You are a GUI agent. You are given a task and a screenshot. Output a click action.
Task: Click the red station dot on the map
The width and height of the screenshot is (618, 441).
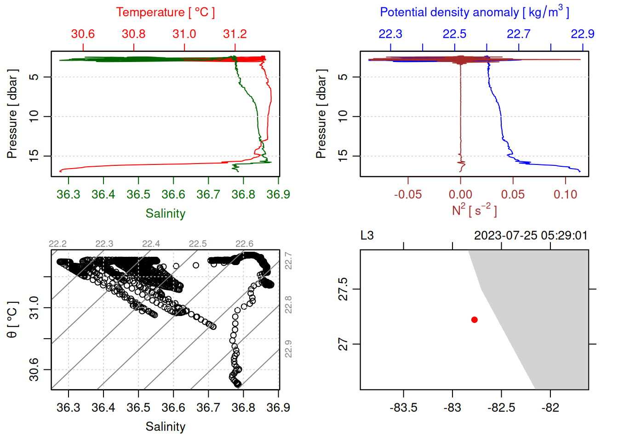click(x=474, y=320)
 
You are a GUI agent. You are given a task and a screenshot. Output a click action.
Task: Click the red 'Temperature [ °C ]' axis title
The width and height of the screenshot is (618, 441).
click(x=165, y=12)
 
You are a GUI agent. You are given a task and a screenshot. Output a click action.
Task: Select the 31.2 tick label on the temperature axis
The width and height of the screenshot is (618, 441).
click(x=235, y=34)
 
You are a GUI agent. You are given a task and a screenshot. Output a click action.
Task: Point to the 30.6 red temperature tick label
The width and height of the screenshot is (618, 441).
click(x=83, y=34)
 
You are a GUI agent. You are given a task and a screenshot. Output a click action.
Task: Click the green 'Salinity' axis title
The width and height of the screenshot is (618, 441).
click(x=165, y=214)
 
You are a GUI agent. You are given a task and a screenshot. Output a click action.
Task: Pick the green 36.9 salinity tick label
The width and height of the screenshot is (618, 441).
click(x=278, y=195)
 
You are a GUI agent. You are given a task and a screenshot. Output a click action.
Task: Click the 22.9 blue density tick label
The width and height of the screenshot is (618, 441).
click(x=582, y=34)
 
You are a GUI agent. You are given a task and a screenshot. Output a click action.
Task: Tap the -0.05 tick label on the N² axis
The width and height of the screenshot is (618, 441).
click(x=407, y=195)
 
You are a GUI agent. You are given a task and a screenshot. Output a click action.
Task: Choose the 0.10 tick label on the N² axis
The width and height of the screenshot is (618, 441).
click(x=565, y=195)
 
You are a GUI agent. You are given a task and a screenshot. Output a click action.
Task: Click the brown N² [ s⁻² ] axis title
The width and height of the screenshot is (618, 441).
click(x=474, y=210)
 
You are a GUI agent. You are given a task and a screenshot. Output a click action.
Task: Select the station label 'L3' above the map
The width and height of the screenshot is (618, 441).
click(x=367, y=236)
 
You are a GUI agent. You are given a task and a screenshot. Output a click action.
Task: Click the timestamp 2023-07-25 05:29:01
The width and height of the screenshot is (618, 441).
click(x=531, y=236)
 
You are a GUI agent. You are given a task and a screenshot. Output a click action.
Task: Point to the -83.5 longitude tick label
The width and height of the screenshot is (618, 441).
click(x=403, y=408)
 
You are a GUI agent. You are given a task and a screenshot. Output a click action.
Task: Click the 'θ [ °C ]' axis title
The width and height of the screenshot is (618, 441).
click(x=12, y=320)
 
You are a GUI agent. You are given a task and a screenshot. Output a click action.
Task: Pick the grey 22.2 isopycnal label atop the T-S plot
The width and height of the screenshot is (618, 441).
click(x=57, y=244)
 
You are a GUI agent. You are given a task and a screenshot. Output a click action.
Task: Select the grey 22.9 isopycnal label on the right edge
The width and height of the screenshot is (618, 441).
click(x=288, y=349)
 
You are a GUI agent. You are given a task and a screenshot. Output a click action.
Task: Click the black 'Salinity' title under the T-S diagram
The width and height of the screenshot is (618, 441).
click(x=165, y=427)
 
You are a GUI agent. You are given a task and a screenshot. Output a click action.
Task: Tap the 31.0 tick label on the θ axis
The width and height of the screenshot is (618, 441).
click(x=34, y=307)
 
